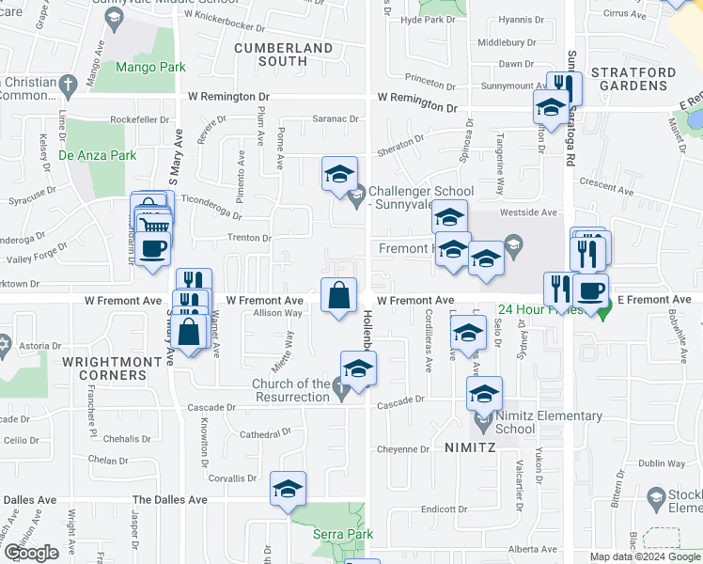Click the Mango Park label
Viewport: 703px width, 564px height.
point(150,67)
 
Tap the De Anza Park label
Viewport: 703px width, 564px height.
point(97,155)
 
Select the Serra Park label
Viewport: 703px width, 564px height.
point(342,534)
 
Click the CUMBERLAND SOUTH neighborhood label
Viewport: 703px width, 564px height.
point(283,54)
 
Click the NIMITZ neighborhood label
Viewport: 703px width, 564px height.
point(470,448)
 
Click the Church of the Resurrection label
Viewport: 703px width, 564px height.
point(290,389)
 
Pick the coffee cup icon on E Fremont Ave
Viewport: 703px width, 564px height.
point(591,290)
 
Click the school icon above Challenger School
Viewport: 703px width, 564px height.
point(339,174)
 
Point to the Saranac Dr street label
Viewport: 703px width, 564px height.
point(337,119)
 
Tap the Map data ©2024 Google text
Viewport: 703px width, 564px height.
point(645,556)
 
